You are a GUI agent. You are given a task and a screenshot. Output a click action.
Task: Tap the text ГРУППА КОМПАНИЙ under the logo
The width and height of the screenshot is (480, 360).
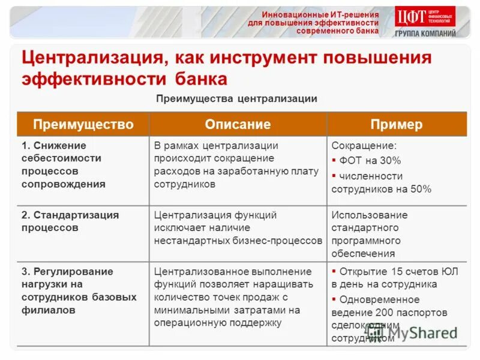click(425, 34)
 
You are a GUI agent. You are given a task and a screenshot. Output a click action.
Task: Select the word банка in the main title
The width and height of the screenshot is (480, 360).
click(202, 79)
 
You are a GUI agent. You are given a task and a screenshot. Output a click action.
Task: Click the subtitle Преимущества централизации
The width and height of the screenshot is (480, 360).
click(236, 98)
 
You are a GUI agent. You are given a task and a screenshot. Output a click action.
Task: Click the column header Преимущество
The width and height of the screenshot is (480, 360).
click(83, 125)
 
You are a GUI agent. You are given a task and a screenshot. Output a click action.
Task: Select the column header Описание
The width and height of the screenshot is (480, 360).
click(238, 125)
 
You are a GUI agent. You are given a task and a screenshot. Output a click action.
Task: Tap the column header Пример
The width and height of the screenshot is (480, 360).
click(396, 125)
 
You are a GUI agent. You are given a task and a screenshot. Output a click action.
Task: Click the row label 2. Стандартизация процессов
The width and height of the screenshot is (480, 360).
click(70, 221)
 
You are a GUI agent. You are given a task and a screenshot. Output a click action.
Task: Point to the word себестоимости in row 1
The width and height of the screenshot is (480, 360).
click(61, 158)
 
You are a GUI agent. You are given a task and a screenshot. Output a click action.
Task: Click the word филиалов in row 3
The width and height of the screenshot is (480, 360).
click(49, 310)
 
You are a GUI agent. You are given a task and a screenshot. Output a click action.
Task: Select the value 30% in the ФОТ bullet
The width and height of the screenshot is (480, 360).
click(390, 161)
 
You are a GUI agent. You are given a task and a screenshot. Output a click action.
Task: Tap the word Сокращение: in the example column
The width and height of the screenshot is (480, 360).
click(364, 146)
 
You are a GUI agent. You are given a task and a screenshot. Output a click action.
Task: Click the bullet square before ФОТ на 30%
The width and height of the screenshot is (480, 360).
click(334, 161)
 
